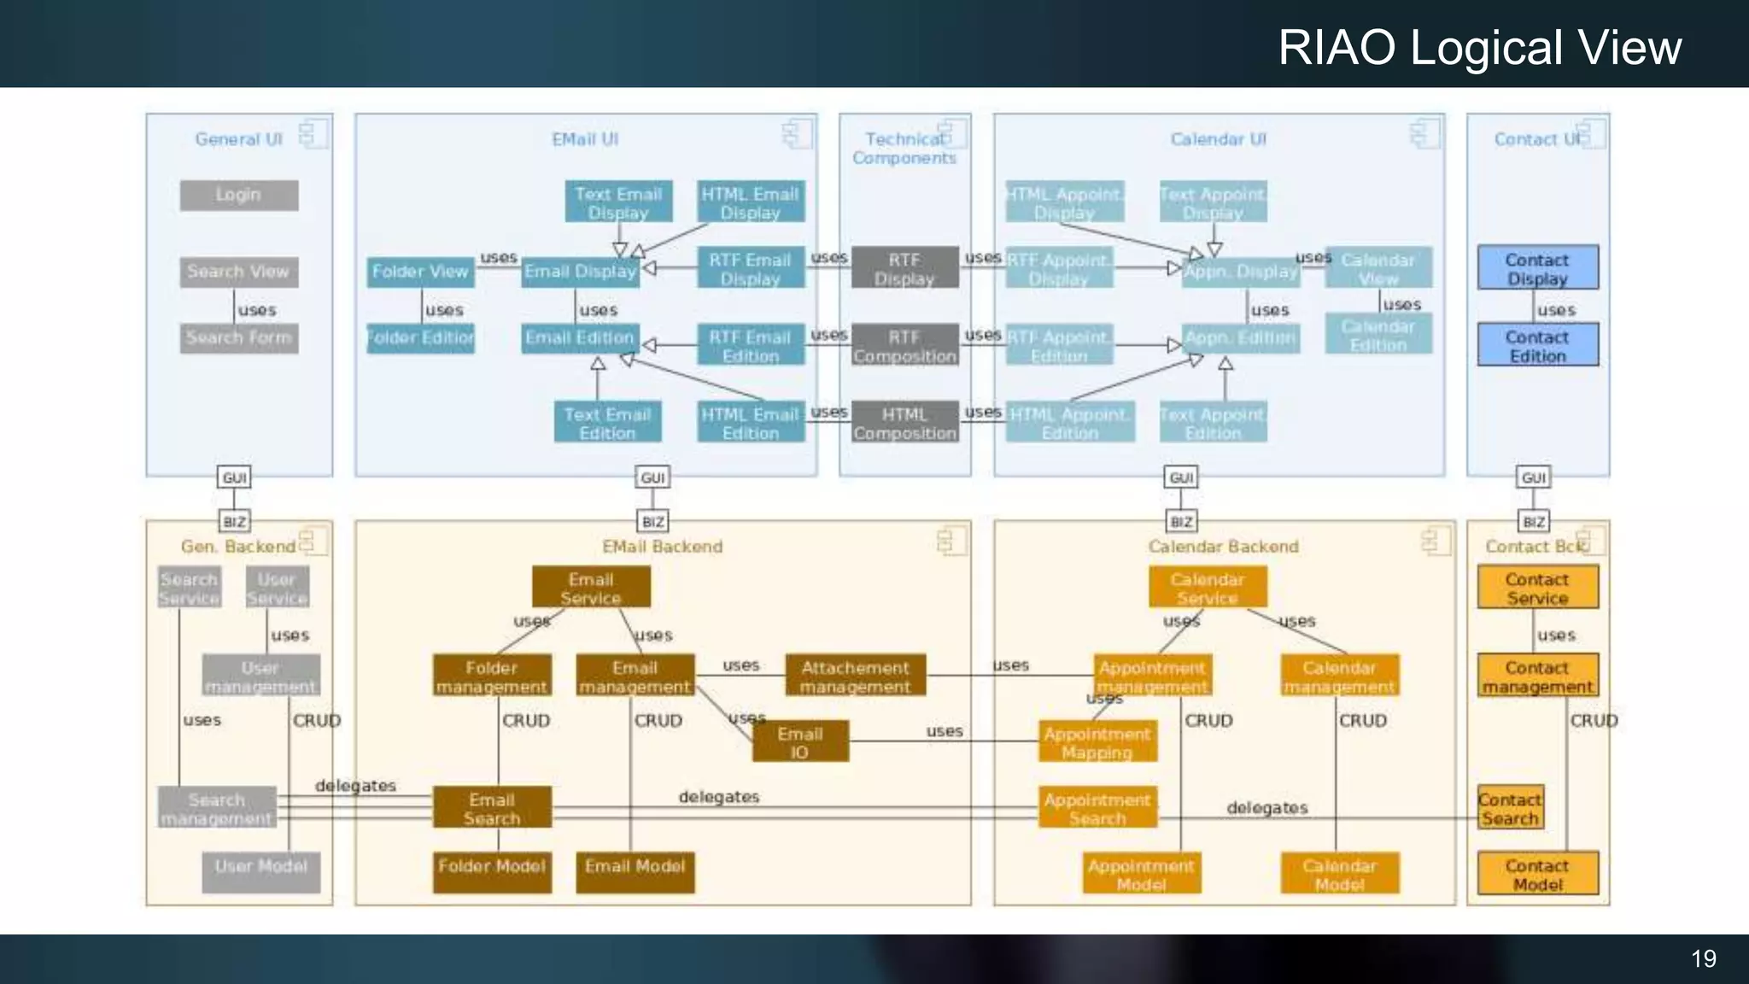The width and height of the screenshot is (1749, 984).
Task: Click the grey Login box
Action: click(x=238, y=195)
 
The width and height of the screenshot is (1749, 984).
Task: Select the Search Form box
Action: click(x=238, y=338)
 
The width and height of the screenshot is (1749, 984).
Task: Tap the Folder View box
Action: click(x=420, y=272)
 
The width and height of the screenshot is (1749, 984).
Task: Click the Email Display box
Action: click(x=580, y=272)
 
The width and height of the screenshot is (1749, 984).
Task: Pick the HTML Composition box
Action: click(x=904, y=424)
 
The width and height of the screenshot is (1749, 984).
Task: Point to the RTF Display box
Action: click(x=904, y=268)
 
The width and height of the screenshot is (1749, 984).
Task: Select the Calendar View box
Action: click(x=1378, y=268)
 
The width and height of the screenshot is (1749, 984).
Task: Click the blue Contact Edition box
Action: click(x=1537, y=346)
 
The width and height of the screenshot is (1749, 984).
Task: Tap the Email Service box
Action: click(x=591, y=588)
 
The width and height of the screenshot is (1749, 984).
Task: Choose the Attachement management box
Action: click(x=855, y=676)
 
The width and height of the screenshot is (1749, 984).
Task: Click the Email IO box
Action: click(x=800, y=742)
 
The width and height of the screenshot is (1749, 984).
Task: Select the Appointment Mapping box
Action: click(x=1097, y=742)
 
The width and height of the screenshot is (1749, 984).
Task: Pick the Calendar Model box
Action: click(x=1339, y=874)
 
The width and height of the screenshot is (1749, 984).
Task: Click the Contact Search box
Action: click(x=1510, y=808)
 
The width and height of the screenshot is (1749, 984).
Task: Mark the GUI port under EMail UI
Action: click(x=652, y=477)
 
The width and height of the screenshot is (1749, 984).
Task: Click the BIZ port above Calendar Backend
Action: click(x=1181, y=521)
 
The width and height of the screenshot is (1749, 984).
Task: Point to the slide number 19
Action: click(x=1703, y=958)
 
